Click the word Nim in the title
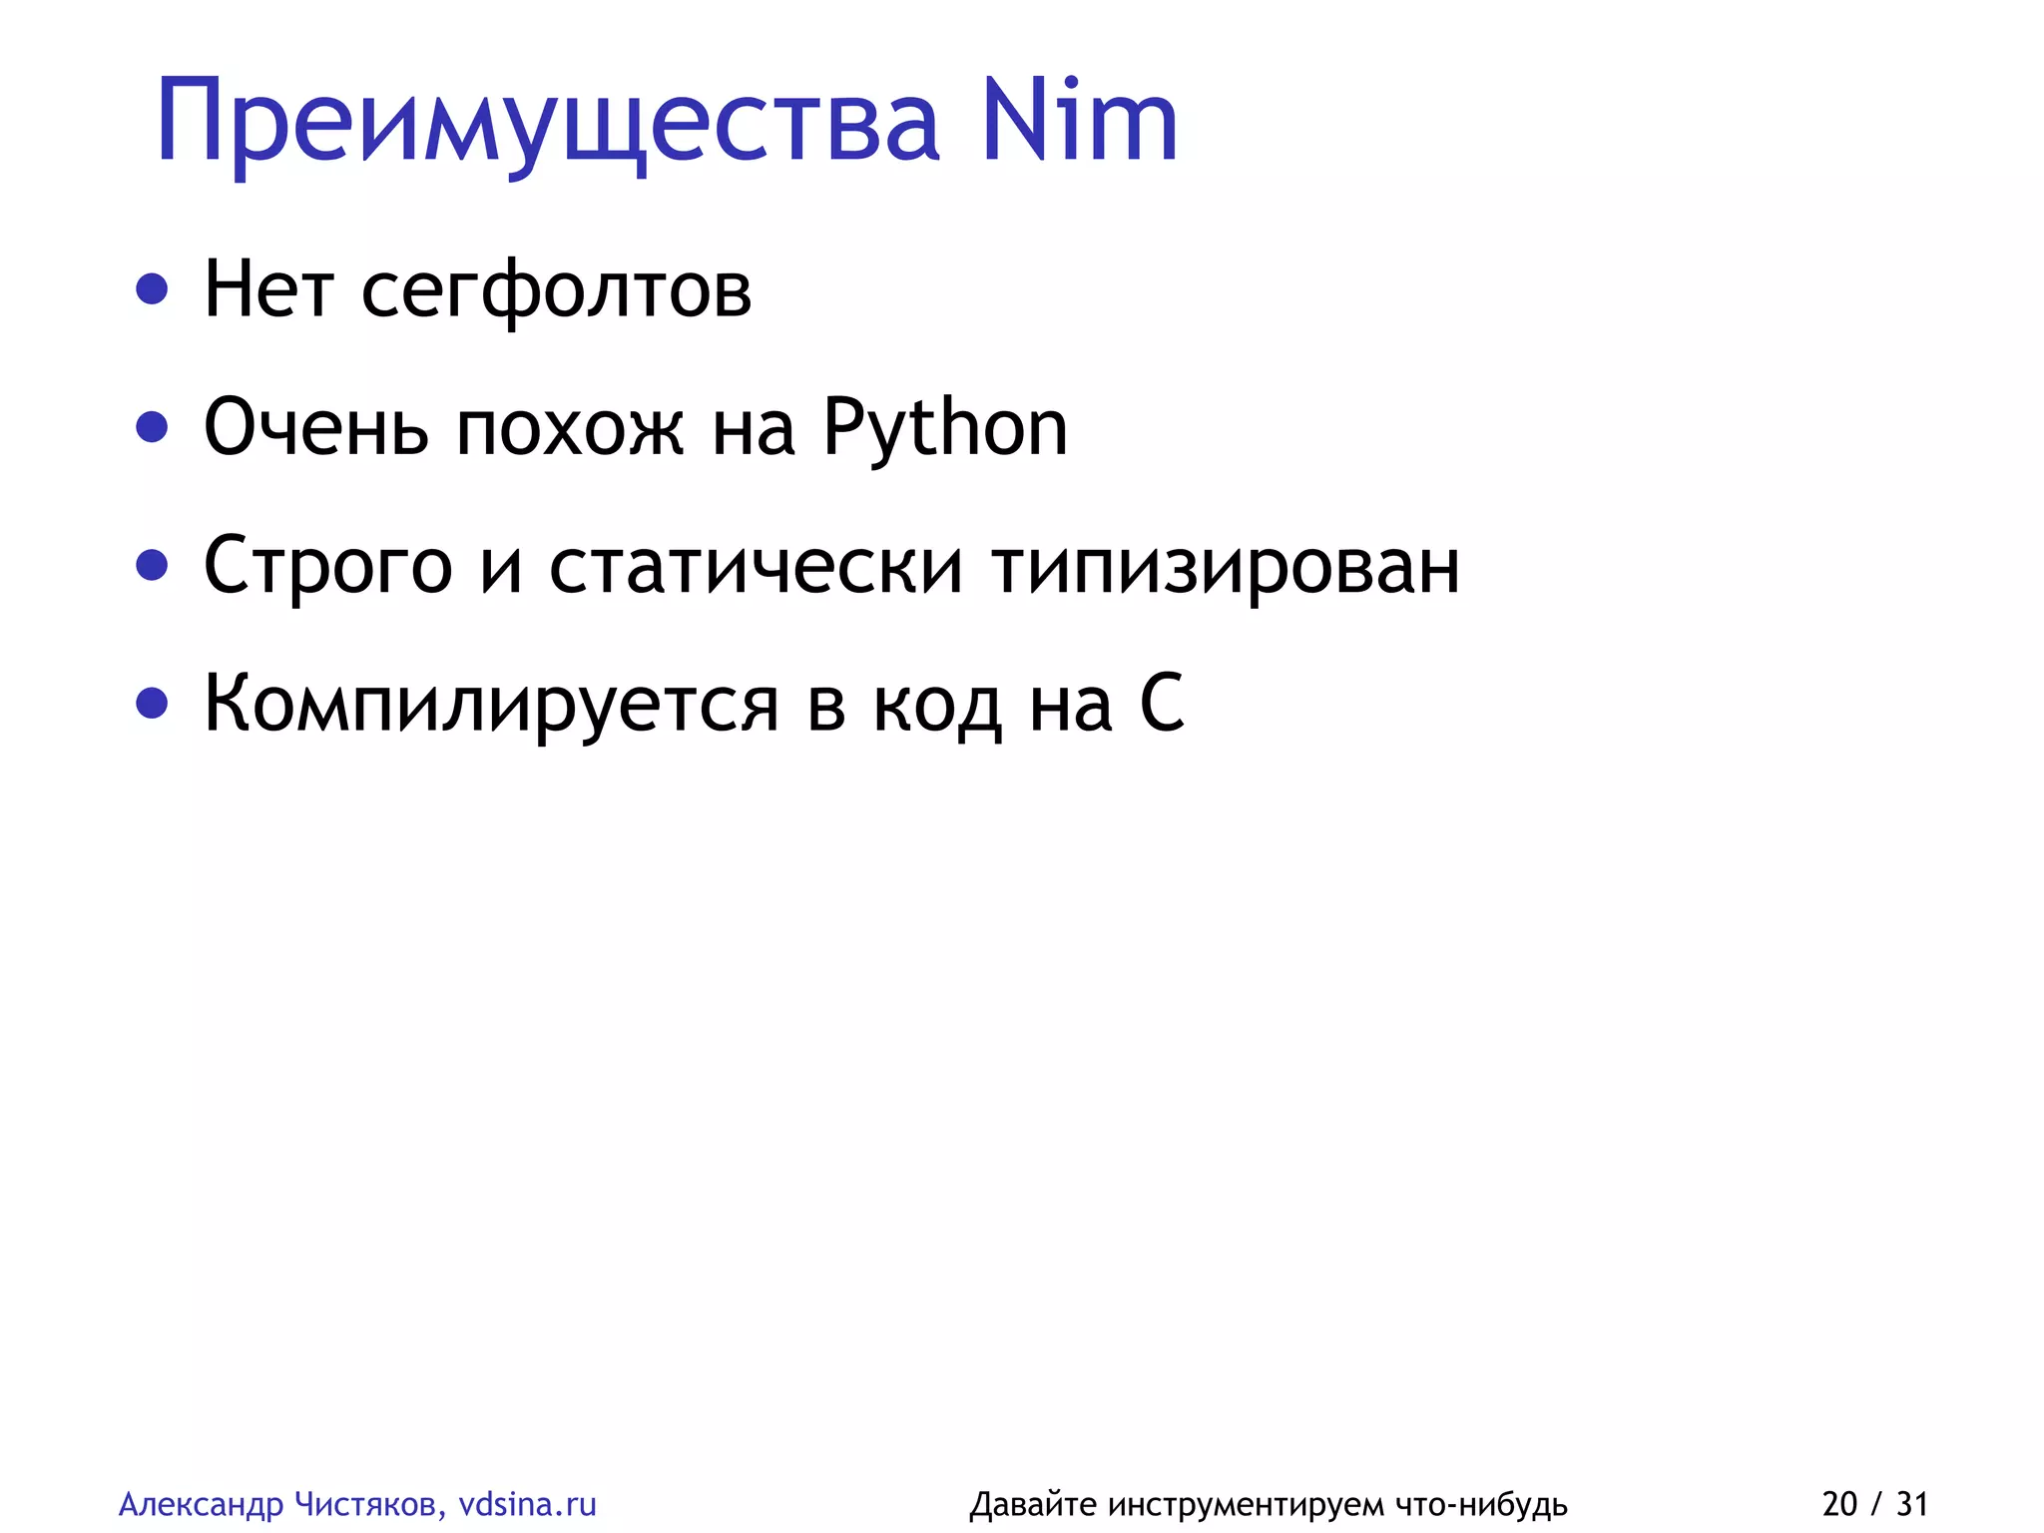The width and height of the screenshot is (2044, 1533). click(x=1079, y=122)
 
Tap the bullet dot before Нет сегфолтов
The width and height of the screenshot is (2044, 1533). click(x=152, y=289)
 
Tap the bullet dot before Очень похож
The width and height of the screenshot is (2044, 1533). click(x=152, y=427)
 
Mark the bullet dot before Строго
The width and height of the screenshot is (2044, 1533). click(x=152, y=566)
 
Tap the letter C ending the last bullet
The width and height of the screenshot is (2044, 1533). click(x=1162, y=704)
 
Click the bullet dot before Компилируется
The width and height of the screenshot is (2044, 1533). click(x=152, y=704)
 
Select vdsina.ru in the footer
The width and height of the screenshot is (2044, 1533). click(x=527, y=1504)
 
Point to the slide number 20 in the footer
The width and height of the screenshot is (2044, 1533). click(x=1839, y=1504)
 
